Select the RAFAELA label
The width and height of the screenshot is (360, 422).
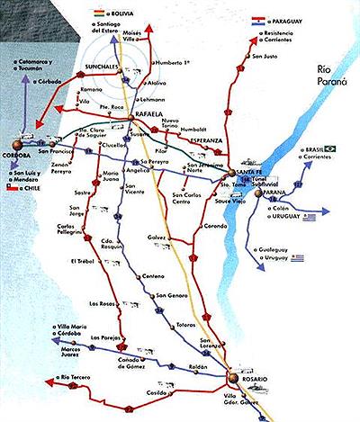(144, 115)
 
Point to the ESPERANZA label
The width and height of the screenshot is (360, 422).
(202, 140)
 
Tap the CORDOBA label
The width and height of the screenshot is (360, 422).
(18, 153)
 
